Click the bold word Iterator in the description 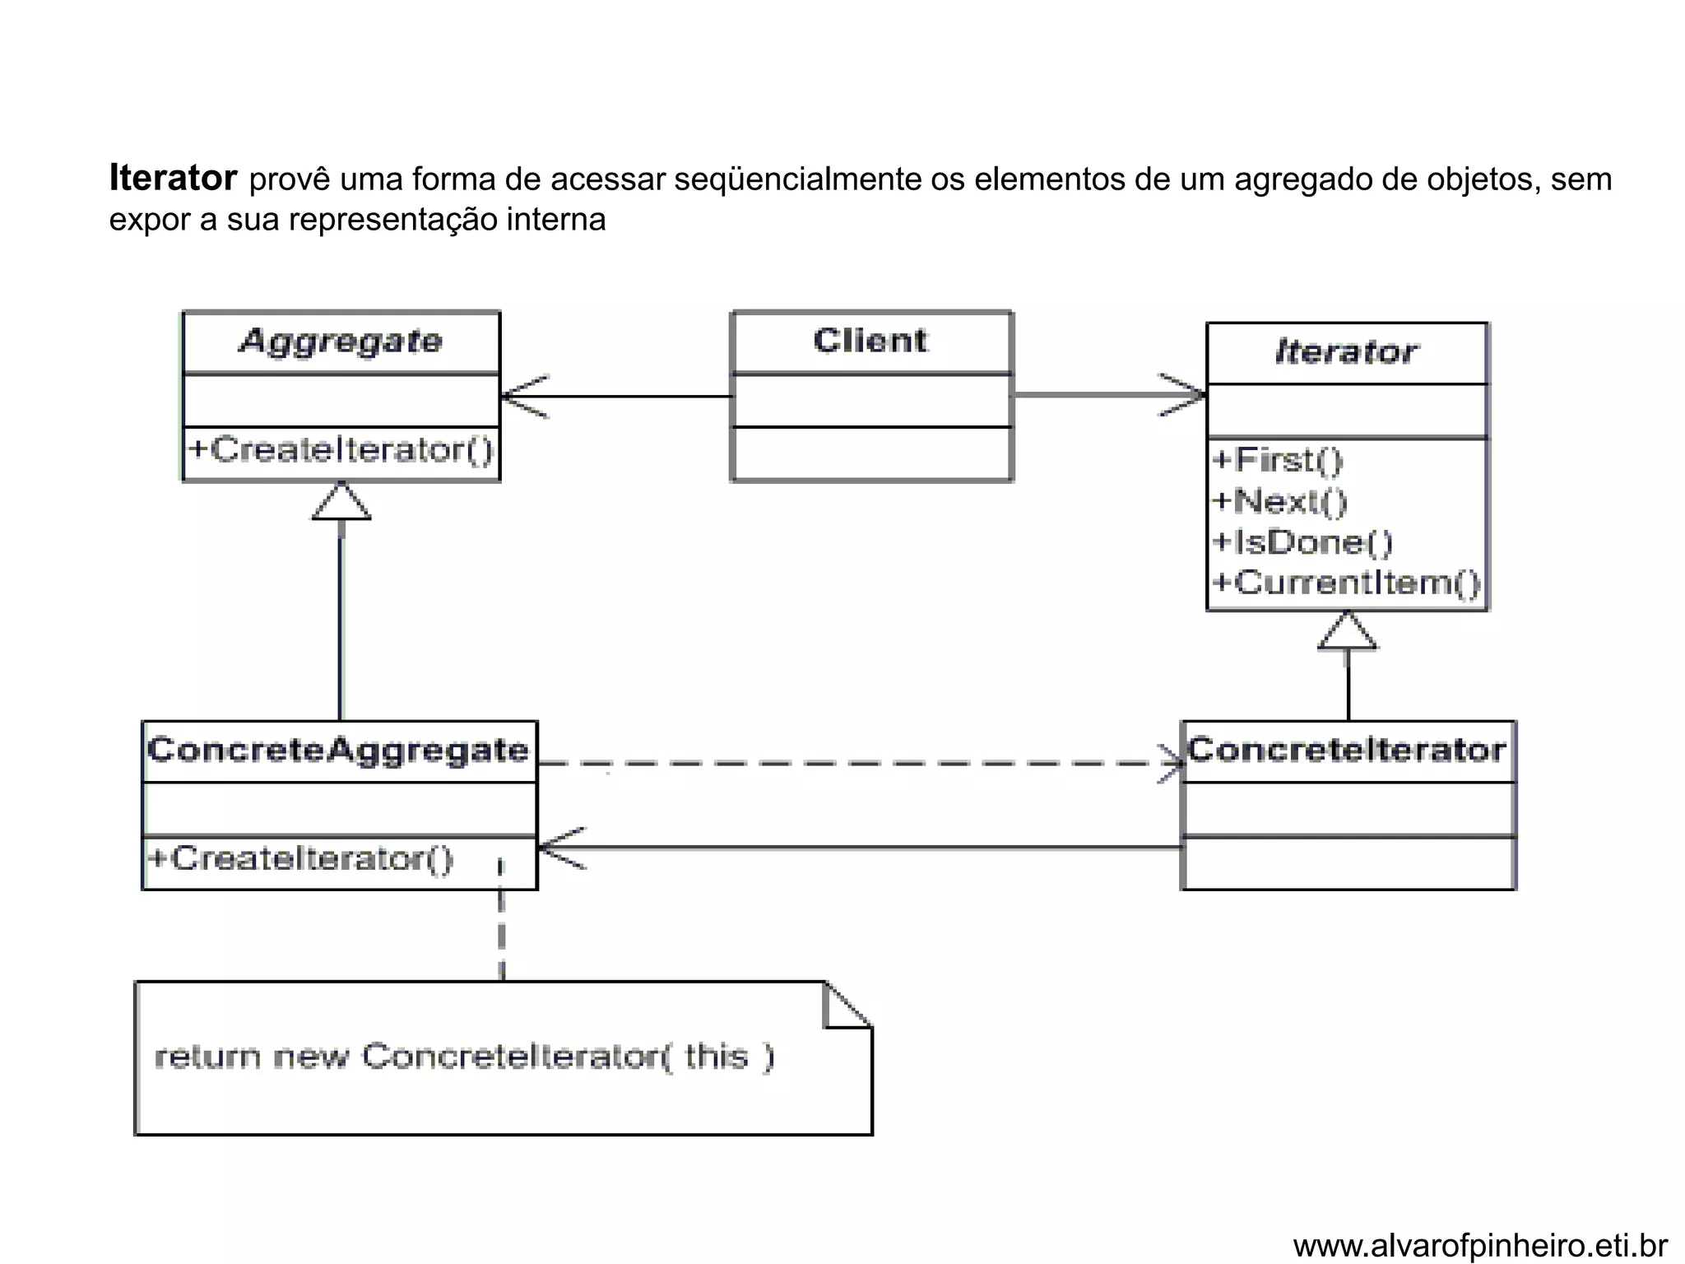pyautogui.click(x=173, y=179)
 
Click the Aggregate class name pyautogui.click(x=341, y=341)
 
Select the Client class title pyautogui.click(x=870, y=341)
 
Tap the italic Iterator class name pyautogui.click(x=1346, y=352)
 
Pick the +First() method pyautogui.click(x=1277, y=460)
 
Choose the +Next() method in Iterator pyautogui.click(x=1279, y=501)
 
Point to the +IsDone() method pyautogui.click(x=1302, y=542)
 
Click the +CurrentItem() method pyautogui.click(x=1346, y=583)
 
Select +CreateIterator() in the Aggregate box pyautogui.click(x=341, y=450)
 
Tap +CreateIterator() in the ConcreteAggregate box pyautogui.click(x=300, y=858)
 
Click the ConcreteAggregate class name pyautogui.click(x=338, y=750)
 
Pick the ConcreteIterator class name pyautogui.click(x=1347, y=750)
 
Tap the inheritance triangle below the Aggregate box pyautogui.click(x=341, y=502)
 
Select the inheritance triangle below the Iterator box pyautogui.click(x=1348, y=632)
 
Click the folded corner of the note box pyautogui.click(x=847, y=1006)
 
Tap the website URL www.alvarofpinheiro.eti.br pyautogui.click(x=1480, y=1246)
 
